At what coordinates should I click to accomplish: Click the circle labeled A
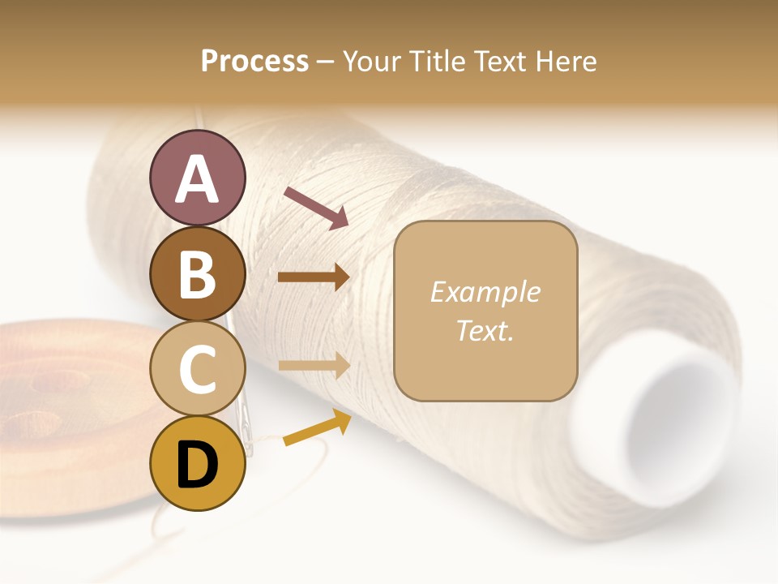pyautogui.click(x=197, y=178)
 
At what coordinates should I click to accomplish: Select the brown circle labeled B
pyautogui.click(x=197, y=274)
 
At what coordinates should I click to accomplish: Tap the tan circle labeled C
pyautogui.click(x=197, y=369)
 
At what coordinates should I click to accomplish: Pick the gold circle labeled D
pyautogui.click(x=197, y=464)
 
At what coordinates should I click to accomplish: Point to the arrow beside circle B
pyautogui.click(x=314, y=277)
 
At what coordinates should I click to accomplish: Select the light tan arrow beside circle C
pyautogui.click(x=314, y=367)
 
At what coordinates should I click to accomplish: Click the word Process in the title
pyautogui.click(x=254, y=61)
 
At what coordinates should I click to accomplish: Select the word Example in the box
pyautogui.click(x=485, y=293)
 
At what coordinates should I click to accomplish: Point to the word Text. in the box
pyautogui.click(x=485, y=330)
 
